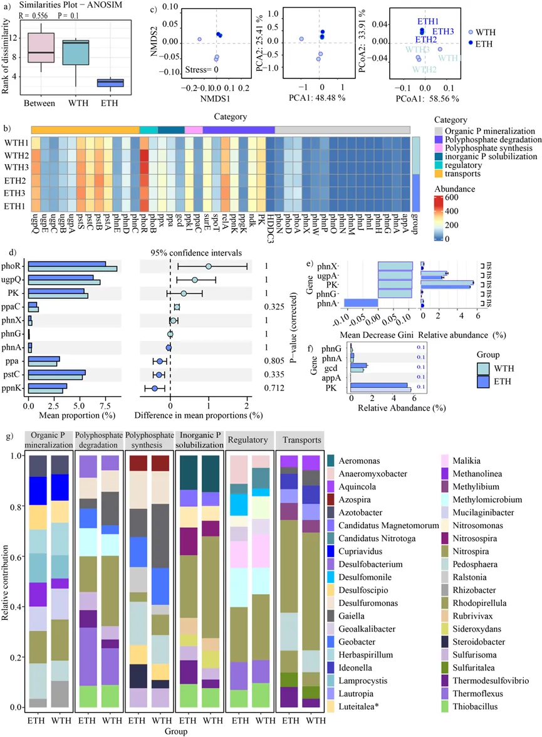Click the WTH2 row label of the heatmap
click(x=16, y=155)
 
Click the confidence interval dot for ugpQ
click(x=195, y=280)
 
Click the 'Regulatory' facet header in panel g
click(x=249, y=441)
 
